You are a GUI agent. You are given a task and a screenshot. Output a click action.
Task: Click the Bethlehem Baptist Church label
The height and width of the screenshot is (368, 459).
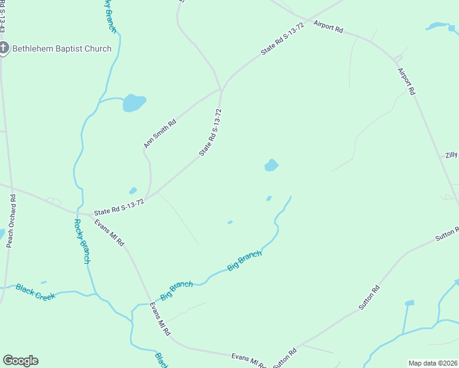click(x=62, y=48)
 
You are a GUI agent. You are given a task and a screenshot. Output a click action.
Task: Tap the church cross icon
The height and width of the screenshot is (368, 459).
click(x=3, y=48)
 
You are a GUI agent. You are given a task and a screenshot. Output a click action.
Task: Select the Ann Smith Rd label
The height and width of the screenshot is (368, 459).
click(x=160, y=133)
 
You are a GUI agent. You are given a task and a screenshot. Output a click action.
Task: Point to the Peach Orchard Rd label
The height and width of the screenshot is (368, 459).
click(x=10, y=221)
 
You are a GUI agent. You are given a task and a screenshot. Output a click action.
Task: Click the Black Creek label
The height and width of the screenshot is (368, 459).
click(x=36, y=291)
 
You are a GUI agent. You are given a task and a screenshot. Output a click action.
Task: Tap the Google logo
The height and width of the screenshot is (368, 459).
click(x=20, y=361)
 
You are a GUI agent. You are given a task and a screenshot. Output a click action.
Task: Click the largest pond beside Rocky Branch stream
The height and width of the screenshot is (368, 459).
click(x=134, y=102)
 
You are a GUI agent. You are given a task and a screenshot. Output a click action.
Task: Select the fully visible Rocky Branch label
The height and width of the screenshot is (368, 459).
click(x=82, y=242)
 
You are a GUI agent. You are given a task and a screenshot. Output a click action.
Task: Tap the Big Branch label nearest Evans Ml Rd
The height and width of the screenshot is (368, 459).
click(x=176, y=290)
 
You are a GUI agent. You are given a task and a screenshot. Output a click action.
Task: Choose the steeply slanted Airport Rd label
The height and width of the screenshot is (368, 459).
click(x=406, y=80)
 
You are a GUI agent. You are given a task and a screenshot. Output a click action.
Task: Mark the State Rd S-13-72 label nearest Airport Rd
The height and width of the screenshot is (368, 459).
click(x=283, y=39)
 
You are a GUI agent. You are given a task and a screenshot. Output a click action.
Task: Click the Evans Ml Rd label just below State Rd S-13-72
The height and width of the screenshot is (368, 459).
click(x=110, y=232)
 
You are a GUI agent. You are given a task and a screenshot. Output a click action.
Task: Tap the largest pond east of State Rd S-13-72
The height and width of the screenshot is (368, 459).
click(x=271, y=165)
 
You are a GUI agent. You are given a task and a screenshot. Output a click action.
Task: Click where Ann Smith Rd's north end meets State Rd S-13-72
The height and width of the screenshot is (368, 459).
click(x=220, y=90)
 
